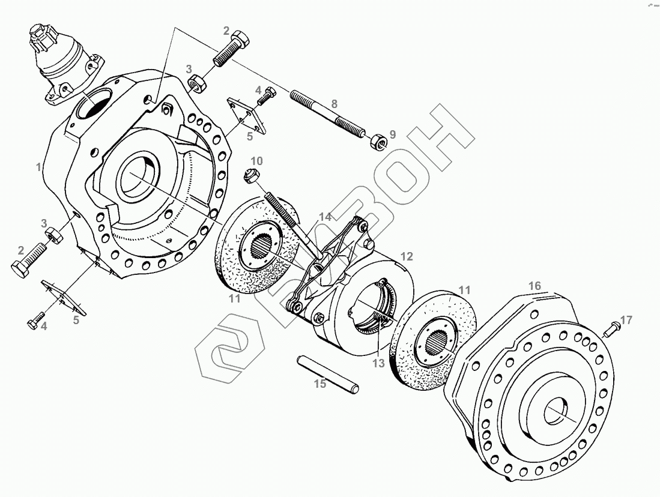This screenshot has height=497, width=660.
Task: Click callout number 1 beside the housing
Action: pos(38,167)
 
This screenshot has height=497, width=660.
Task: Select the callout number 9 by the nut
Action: pos(392,134)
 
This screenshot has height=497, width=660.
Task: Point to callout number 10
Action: pos(256,161)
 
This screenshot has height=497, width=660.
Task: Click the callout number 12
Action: pos(407,257)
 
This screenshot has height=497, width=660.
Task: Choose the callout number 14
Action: pos(325,217)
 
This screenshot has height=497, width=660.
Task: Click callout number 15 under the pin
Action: pos(321,384)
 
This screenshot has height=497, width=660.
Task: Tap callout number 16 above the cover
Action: pos(534,286)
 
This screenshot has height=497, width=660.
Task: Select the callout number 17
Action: pos(626,320)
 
